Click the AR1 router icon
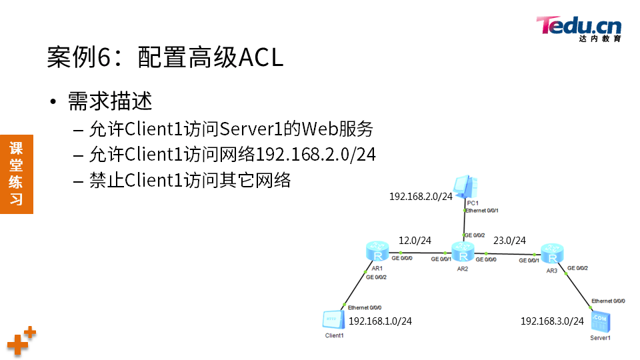pos(377,253)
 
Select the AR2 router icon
pos(462,253)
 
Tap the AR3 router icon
pos(551,253)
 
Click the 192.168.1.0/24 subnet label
pos(380,321)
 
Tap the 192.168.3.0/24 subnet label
pos(552,321)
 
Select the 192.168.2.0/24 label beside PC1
pos(421,196)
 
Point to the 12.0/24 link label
pos(415,240)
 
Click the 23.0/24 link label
pos(509,240)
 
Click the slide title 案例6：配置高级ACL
pos(165,57)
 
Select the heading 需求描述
pos(110,101)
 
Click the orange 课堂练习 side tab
pos(17,173)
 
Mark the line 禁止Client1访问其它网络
pos(190,181)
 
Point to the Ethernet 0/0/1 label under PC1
pos(482,211)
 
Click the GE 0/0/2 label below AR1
pos(376,277)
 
